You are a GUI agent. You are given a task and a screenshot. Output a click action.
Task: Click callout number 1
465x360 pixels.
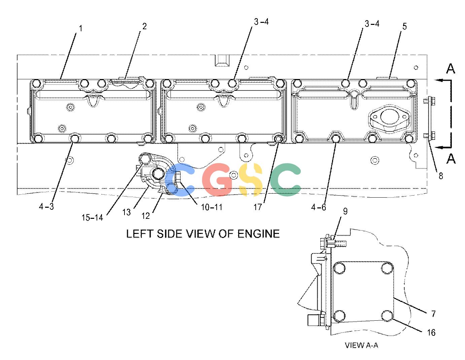[81, 29]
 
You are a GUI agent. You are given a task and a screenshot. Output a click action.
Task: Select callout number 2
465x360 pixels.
[144, 27]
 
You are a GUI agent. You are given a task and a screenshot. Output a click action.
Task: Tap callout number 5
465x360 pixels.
[404, 27]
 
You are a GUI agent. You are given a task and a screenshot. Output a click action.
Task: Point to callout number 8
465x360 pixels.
[441, 176]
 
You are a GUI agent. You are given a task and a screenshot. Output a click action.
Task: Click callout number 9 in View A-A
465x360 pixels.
[345, 211]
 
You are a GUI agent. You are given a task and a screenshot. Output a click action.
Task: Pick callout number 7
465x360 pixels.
[433, 314]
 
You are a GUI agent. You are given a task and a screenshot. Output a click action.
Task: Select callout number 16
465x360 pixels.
[431, 332]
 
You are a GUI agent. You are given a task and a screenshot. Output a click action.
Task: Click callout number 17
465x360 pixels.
[258, 207]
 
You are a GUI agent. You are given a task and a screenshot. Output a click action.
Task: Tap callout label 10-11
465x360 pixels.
[212, 207]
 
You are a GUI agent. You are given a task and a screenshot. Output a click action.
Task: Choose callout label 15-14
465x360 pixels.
[92, 217]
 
